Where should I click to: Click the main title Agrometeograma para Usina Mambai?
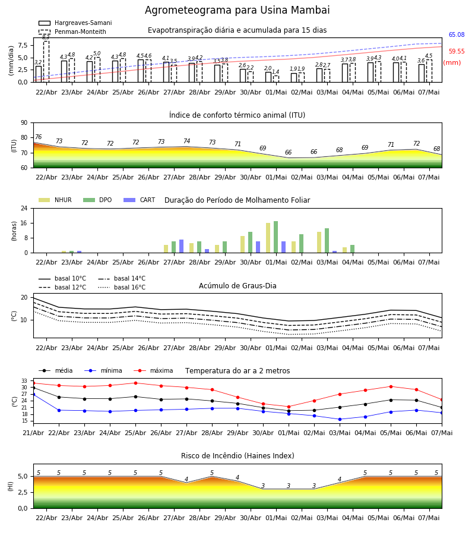(x=237, y=10)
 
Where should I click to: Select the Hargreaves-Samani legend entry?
(x=75, y=23)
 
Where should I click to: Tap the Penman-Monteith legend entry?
(x=72, y=32)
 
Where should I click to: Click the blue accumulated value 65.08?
(x=457, y=35)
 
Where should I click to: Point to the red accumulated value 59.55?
(x=457, y=52)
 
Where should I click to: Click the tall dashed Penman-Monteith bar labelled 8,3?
(x=46, y=61)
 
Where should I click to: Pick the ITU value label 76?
(x=39, y=137)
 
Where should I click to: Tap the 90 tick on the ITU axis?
(x=24, y=123)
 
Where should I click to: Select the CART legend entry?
(x=140, y=200)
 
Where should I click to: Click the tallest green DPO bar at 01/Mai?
(x=275, y=237)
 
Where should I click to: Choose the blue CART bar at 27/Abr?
(x=181, y=246)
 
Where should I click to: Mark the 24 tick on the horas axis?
(x=24, y=208)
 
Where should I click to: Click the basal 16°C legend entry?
(x=122, y=287)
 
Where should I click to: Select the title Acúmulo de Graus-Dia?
(x=237, y=286)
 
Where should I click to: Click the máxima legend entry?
(x=153, y=370)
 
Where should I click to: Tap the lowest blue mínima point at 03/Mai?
(x=340, y=419)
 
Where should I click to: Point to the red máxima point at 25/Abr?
(x=135, y=383)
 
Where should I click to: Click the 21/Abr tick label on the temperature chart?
(x=33, y=433)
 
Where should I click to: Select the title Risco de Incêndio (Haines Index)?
(x=237, y=456)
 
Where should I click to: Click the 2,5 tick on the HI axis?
(x=23, y=492)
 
